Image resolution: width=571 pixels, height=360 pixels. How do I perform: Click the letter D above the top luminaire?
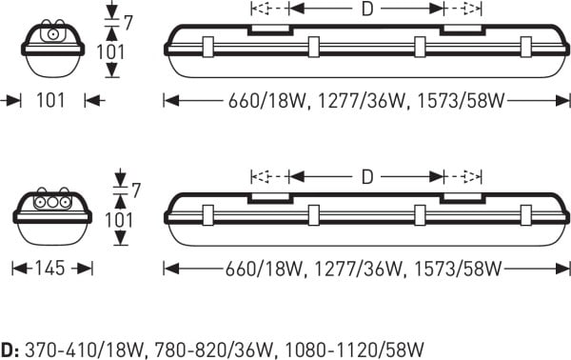[x=367, y=10]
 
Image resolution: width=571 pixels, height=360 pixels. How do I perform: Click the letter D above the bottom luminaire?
[x=367, y=177]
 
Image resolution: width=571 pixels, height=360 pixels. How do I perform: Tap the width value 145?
[x=49, y=269]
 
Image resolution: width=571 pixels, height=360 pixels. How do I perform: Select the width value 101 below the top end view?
[x=50, y=100]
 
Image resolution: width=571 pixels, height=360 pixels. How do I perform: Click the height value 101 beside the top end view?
[x=110, y=51]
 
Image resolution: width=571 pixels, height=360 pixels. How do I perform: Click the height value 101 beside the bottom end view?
[x=119, y=220]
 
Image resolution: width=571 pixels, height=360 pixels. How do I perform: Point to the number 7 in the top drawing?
[x=128, y=23]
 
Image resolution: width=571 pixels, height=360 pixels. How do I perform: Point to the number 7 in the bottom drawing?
[x=136, y=190]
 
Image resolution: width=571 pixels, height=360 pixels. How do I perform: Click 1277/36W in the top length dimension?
[x=362, y=101]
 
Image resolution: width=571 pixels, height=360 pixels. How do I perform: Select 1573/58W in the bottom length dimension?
[x=458, y=269]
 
